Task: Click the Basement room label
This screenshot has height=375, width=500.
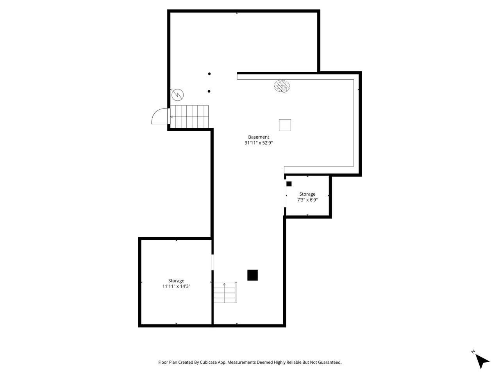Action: pos(259,137)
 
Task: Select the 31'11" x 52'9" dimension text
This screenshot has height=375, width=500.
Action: pos(258,143)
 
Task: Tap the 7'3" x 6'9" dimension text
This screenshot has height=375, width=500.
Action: pos(307,200)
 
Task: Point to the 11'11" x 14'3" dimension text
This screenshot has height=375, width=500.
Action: pos(176,286)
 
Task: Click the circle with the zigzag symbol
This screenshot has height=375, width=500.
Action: pos(177,94)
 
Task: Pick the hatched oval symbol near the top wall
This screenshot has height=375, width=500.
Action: pos(282,86)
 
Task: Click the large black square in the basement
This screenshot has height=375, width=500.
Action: pos(252,275)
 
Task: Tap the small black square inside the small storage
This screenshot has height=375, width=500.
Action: pos(289,184)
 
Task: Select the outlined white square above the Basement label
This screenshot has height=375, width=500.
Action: pos(285,125)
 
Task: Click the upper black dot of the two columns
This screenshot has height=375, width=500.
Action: pos(209,74)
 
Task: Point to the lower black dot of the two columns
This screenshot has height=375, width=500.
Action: pos(209,91)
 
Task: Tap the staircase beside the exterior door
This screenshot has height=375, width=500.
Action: pos(190,116)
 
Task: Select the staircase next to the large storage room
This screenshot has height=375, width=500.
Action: pos(225,293)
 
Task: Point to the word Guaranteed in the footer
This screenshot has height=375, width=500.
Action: pos(330,362)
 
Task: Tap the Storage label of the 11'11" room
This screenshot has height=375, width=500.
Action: pos(176,280)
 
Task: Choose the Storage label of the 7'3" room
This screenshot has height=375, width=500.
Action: pos(307,194)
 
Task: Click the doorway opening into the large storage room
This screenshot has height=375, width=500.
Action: pos(212,262)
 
